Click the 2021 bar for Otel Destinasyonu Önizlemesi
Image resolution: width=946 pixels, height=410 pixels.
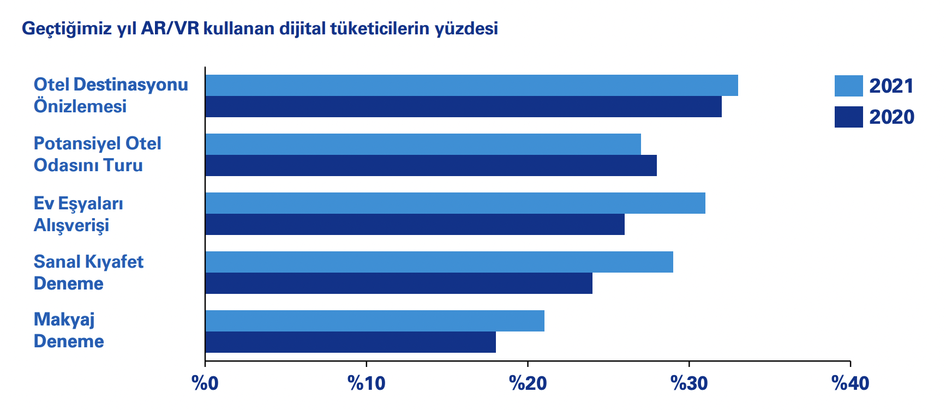coord(471,86)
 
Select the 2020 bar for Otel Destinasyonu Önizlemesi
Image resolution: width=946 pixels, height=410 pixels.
coord(463,107)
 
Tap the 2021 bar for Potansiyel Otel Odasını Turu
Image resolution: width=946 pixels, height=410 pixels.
coord(423,144)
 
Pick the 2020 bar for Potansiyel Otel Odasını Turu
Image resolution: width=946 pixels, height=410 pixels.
coord(431,166)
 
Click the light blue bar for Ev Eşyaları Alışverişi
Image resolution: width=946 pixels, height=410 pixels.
coord(455,203)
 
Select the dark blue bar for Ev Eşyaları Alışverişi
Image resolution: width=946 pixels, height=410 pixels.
coord(415,225)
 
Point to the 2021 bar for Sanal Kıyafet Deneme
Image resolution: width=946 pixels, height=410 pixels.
coord(439,262)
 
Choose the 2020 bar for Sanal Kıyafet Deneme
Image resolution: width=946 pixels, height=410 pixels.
coord(399,284)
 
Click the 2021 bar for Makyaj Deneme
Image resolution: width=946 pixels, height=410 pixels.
coord(375,321)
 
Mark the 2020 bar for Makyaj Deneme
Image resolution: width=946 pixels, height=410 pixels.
coord(350,342)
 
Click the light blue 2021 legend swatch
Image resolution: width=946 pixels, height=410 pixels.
coord(848,86)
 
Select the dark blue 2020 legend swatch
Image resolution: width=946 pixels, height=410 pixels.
coord(848,117)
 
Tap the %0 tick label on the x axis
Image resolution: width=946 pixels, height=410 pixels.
coord(205,383)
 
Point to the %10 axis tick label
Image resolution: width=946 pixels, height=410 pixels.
coord(366,383)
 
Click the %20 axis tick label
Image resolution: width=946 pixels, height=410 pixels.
coord(528,383)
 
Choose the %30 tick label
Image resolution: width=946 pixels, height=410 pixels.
coord(689,383)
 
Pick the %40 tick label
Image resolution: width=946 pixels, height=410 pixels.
coord(850,383)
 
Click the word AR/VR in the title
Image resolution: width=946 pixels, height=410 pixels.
coord(170,28)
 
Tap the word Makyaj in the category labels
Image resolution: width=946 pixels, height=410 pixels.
coord(64,319)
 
